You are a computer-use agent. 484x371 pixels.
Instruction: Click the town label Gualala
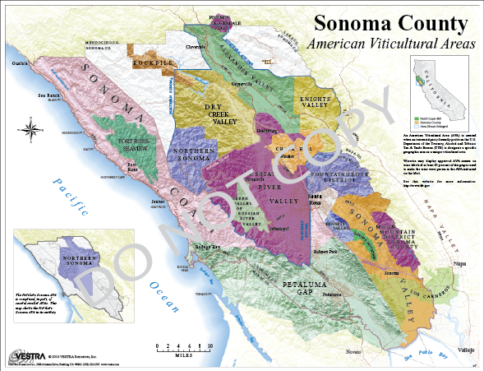pos(14,63)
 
